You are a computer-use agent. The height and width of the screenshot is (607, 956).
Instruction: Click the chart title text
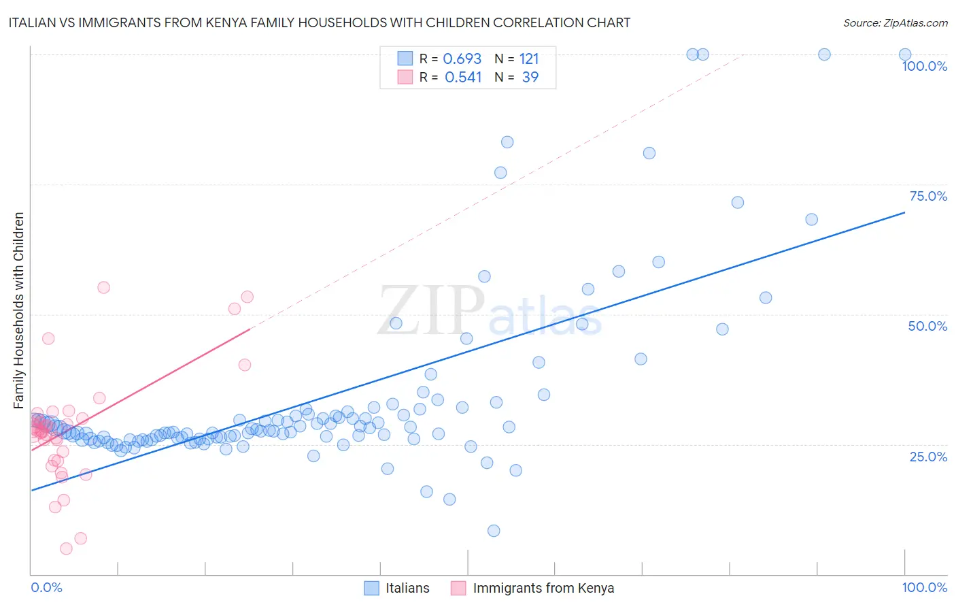tap(320, 22)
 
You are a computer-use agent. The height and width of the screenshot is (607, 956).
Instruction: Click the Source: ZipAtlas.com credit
tap(895, 22)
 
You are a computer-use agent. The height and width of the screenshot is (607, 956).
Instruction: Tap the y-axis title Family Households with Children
tap(18, 310)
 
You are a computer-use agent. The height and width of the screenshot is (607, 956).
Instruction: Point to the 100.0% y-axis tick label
tap(924, 66)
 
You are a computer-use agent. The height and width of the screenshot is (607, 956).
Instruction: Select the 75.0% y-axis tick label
tap(928, 196)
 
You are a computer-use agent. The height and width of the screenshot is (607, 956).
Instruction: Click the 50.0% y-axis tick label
tap(927, 326)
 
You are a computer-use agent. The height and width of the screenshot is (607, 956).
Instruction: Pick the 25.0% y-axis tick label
tap(928, 457)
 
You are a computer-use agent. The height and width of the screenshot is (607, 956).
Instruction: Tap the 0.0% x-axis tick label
tap(46, 587)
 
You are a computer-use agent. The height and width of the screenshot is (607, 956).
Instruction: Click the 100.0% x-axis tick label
tap(924, 587)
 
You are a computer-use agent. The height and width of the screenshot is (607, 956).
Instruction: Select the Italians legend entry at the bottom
tap(397, 588)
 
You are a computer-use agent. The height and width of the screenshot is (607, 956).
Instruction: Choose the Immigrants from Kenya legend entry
tap(533, 588)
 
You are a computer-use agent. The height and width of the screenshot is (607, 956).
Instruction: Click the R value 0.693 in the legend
tap(462, 59)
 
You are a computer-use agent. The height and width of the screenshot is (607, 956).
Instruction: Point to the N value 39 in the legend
tap(530, 78)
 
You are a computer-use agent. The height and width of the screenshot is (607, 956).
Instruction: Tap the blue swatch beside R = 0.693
tap(405, 59)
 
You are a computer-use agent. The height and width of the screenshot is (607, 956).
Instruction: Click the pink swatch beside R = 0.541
tap(405, 77)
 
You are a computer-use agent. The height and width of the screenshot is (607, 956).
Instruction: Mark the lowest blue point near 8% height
tap(494, 531)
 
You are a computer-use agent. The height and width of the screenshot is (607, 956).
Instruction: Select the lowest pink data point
tap(66, 548)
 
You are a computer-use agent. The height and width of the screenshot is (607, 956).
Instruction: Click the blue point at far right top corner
tap(905, 54)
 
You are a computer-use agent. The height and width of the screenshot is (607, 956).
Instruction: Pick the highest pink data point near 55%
tap(103, 287)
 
